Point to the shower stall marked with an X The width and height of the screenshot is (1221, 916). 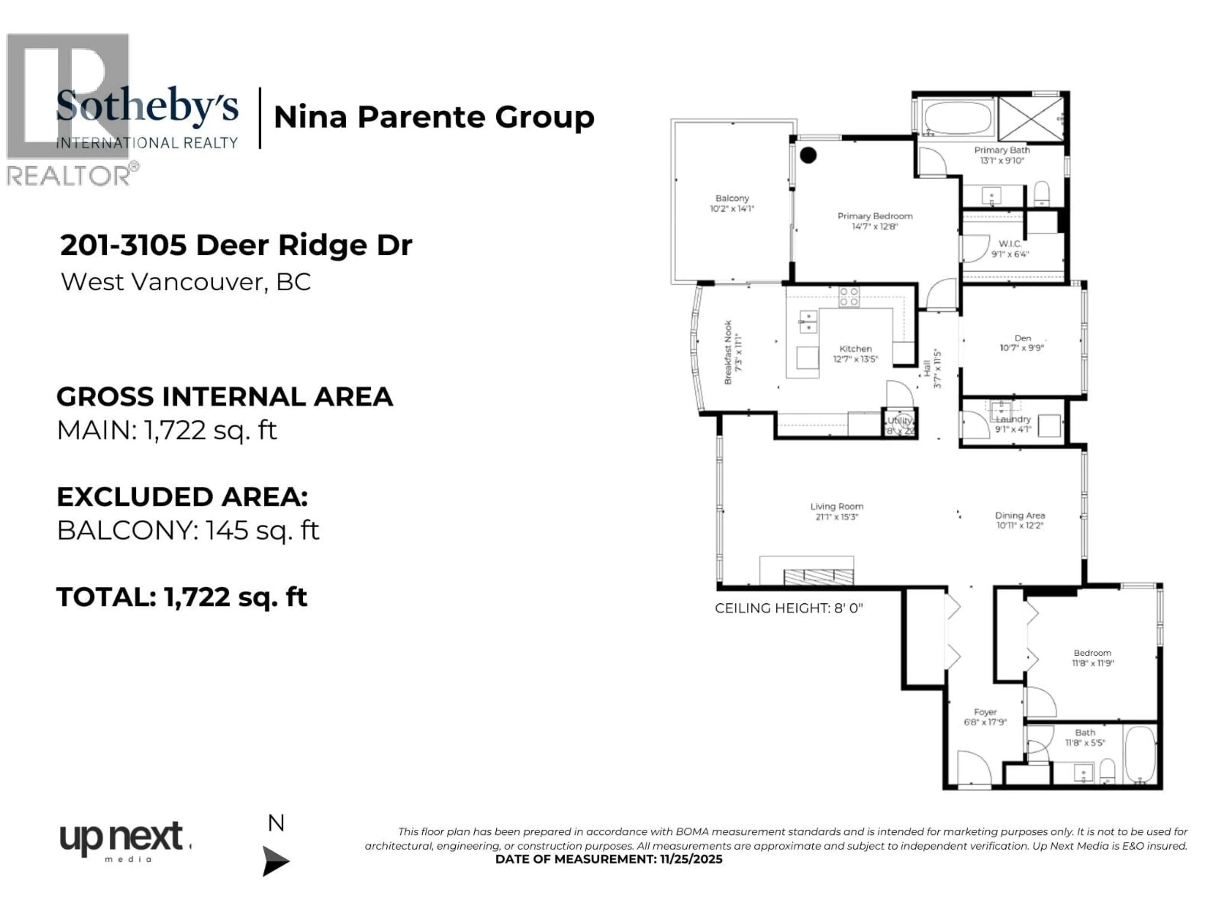(x=1031, y=119)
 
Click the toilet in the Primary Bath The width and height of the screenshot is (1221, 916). (x=1041, y=193)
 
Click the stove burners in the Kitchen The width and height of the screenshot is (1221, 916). (x=849, y=296)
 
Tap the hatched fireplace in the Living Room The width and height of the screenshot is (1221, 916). (x=818, y=576)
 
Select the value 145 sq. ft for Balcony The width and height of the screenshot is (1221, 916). (x=262, y=531)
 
